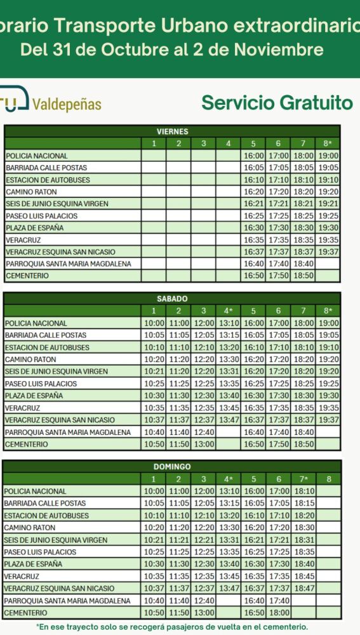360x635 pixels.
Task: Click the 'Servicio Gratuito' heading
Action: [277, 103]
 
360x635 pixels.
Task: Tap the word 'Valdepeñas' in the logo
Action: [66, 104]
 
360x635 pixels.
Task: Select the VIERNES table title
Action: [172, 131]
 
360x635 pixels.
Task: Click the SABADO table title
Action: [172, 298]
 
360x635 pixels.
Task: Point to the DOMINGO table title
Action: [172, 467]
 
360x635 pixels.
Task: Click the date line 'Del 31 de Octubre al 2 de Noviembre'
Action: [172, 50]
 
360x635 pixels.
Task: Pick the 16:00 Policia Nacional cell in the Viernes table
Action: [253, 156]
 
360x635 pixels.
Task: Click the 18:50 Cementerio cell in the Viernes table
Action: [303, 276]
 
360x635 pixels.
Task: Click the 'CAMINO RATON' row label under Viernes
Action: [31, 192]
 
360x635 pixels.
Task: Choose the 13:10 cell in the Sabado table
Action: [229, 323]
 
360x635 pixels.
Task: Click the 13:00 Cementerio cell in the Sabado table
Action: [204, 444]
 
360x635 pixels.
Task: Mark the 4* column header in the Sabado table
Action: [229, 311]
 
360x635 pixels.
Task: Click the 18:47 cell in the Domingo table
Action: [303, 589]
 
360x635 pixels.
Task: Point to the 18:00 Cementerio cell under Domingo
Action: [278, 613]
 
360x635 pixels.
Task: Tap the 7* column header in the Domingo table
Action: [303, 479]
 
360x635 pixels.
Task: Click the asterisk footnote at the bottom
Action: [172, 626]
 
